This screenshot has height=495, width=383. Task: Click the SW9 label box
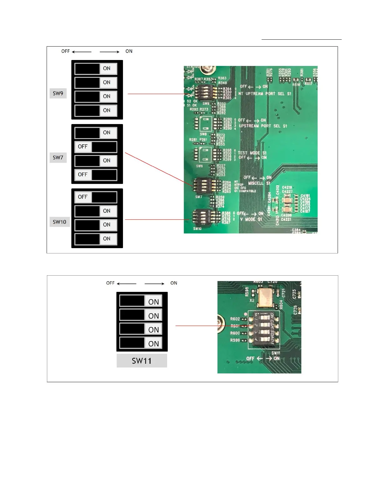(58, 93)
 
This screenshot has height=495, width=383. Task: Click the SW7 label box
(58, 157)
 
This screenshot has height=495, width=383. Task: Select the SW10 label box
(59, 222)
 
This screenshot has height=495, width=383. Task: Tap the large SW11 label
(142, 361)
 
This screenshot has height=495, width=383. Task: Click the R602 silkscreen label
(235, 319)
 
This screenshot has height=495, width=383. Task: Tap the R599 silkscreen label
(235, 340)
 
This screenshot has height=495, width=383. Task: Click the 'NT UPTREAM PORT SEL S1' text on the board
(265, 93)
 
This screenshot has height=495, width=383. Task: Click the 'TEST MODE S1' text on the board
(252, 153)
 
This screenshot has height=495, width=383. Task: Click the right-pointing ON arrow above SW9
(110, 52)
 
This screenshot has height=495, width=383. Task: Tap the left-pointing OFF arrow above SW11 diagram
(127, 284)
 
